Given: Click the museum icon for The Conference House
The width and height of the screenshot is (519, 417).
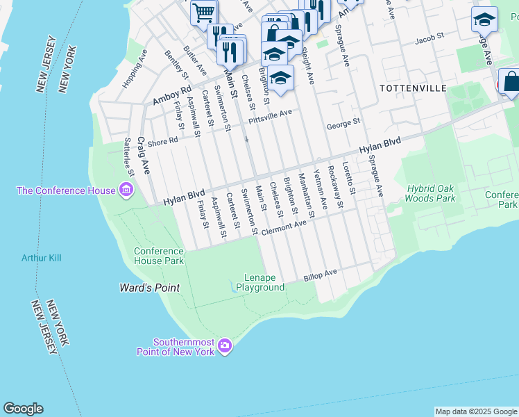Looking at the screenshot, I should [x=126, y=190].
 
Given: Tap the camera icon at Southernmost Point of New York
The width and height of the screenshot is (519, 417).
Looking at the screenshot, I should [x=224, y=345].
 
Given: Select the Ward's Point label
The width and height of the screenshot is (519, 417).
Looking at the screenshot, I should [x=149, y=288].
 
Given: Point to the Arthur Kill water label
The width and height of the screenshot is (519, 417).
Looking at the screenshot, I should [x=41, y=258].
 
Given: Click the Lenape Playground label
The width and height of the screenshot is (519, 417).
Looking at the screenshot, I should [x=260, y=282].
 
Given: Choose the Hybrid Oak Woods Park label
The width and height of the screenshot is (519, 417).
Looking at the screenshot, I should [x=431, y=193].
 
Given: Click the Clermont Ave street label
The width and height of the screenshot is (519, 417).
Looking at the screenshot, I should [x=283, y=227].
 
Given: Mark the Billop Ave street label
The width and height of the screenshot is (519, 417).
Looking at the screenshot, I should [x=320, y=276].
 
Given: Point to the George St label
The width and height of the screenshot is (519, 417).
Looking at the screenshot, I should [x=343, y=126].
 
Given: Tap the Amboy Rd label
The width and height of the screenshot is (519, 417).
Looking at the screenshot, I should [x=171, y=96].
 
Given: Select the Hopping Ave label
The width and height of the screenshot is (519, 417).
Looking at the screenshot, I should [x=135, y=68].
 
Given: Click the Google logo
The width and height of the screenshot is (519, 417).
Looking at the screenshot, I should [x=23, y=409].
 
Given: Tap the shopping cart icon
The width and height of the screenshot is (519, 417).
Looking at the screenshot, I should [x=204, y=11].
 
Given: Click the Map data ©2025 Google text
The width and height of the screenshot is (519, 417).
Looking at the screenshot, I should [x=475, y=411].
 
